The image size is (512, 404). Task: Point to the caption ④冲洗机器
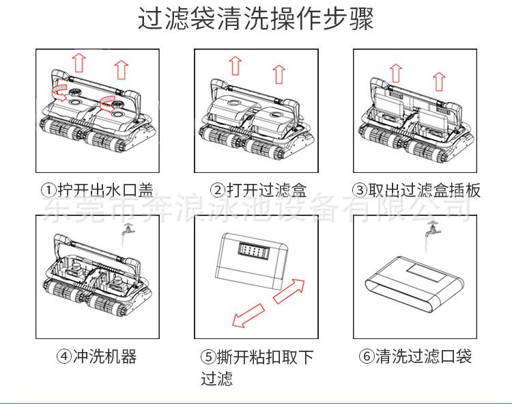pyautogui.click(x=97, y=356)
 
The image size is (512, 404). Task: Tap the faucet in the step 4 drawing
pyautogui.click(x=126, y=236)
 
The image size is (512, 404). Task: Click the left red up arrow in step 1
pyautogui.click(x=79, y=64)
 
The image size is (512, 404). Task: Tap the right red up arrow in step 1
pyautogui.click(x=122, y=69)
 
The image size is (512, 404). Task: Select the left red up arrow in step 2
pyautogui.click(x=236, y=66)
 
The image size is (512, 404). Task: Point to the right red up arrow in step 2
pyautogui.click(x=278, y=73)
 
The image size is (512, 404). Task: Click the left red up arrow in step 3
pyautogui.click(x=395, y=71)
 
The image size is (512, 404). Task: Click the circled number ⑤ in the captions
pyautogui.click(x=208, y=357)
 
